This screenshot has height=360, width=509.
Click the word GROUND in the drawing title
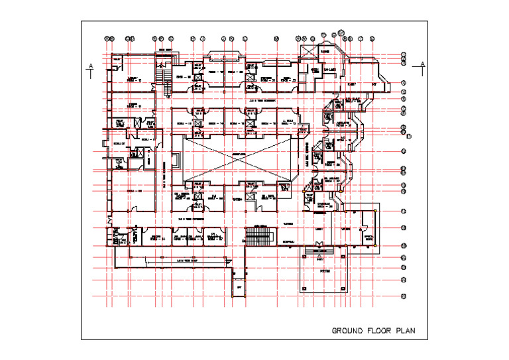[x=347, y=330]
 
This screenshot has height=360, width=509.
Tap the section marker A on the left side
[x=89, y=66]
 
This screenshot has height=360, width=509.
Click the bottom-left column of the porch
[x=302, y=289]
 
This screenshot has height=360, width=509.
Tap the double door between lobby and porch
[x=321, y=250]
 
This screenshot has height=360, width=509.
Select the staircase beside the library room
[x=161, y=77]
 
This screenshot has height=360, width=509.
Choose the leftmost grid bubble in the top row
[x=107, y=38]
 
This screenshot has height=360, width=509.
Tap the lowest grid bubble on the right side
[x=403, y=296]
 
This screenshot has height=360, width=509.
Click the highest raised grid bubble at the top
[x=341, y=30]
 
